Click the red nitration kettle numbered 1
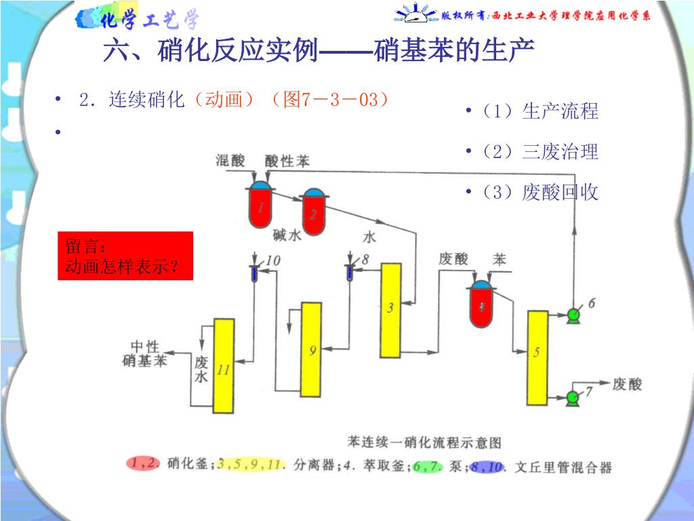point(260,207)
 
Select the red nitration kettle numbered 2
point(313,213)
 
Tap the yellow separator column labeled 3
point(390,309)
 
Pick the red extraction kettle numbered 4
point(482,306)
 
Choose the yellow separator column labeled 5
point(537,355)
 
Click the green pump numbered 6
point(573,313)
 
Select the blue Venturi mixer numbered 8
point(350,272)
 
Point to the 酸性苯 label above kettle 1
point(287,161)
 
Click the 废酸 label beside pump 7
point(626,384)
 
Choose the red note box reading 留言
point(125,256)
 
